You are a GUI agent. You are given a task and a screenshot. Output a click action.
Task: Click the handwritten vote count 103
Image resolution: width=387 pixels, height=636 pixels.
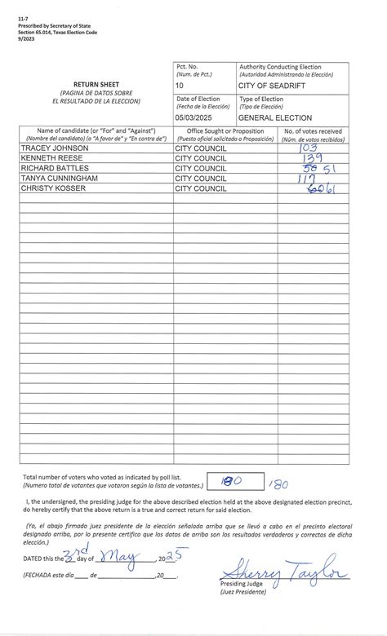point(310,148)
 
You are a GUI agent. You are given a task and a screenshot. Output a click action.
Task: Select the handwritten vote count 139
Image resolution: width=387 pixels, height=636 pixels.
point(312,158)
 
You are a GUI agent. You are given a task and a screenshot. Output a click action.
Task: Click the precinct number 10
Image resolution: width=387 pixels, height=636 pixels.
point(180,84)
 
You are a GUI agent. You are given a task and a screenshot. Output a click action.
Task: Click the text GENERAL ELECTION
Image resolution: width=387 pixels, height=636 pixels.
point(275,117)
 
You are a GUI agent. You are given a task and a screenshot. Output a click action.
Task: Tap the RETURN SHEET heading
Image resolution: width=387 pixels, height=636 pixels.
point(95,84)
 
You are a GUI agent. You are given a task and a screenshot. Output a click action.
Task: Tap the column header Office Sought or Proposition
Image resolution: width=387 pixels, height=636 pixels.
point(225,130)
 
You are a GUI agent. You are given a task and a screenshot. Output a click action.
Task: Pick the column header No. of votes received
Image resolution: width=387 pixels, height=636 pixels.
point(313,130)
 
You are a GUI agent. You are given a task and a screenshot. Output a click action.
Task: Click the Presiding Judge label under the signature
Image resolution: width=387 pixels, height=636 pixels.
point(242,585)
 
